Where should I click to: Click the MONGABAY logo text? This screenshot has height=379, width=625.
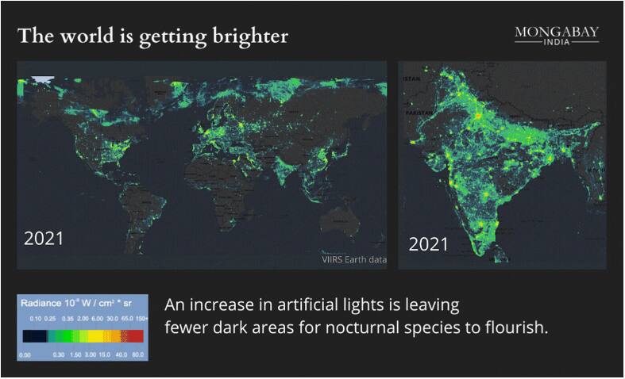pos(557,32)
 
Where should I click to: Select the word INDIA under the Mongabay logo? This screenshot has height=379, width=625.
pos(557,43)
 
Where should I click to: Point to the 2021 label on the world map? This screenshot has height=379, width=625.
pos(44,239)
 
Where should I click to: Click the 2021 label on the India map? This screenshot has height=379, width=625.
pos(428,244)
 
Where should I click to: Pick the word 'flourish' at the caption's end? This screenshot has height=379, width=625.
pos(517,327)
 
